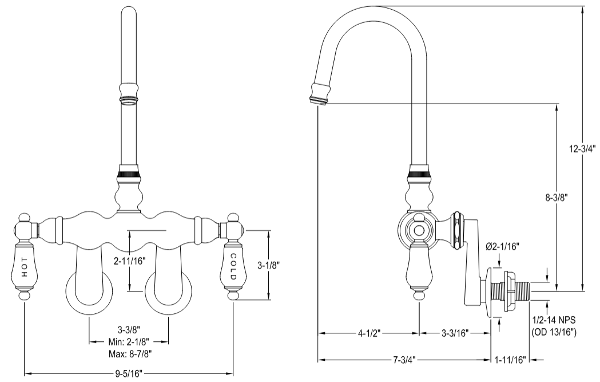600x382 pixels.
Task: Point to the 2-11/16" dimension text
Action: coord(130,262)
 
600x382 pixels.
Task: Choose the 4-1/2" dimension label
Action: coord(369,333)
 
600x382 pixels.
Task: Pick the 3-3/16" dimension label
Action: coord(456,333)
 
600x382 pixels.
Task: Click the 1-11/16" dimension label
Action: coord(510,360)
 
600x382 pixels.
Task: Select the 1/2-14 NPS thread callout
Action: coord(553,321)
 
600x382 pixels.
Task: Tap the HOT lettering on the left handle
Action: coord(24,269)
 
